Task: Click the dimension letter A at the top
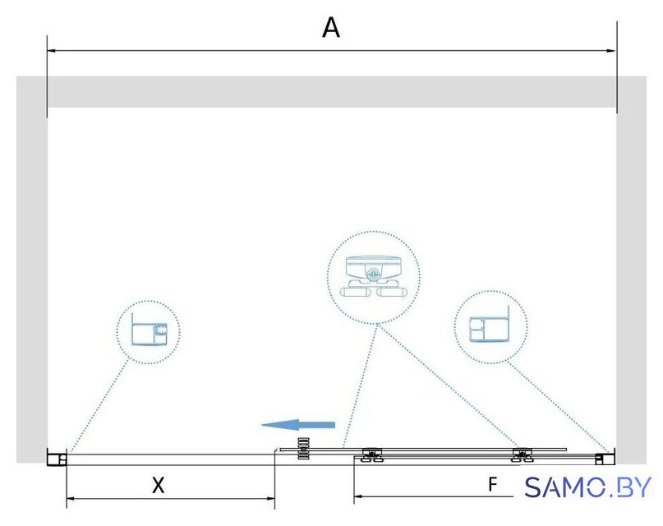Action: point(330,28)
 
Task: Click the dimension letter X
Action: point(158,485)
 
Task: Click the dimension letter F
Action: point(493,484)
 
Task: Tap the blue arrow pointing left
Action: point(298,425)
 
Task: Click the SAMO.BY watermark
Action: point(587,487)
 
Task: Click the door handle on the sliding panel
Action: point(304,448)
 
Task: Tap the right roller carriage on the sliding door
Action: point(523,455)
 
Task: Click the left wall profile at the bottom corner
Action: point(57,459)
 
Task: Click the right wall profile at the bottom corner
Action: point(605,459)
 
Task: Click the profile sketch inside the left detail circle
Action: point(149,329)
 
